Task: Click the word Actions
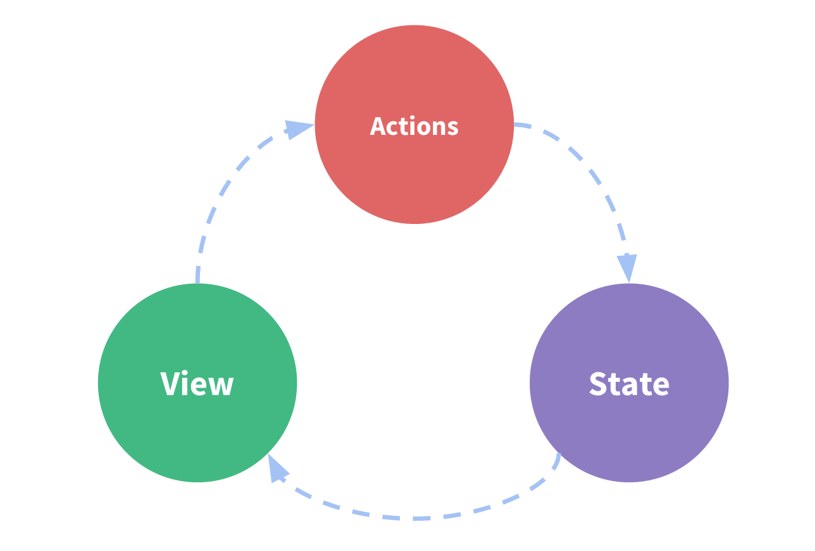(414, 126)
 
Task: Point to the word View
(197, 384)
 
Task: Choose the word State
(629, 384)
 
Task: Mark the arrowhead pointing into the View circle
(277, 470)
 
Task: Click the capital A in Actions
(379, 126)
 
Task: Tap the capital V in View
(170, 384)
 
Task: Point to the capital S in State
(599, 384)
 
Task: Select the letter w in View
(221, 386)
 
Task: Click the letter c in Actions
(395, 128)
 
